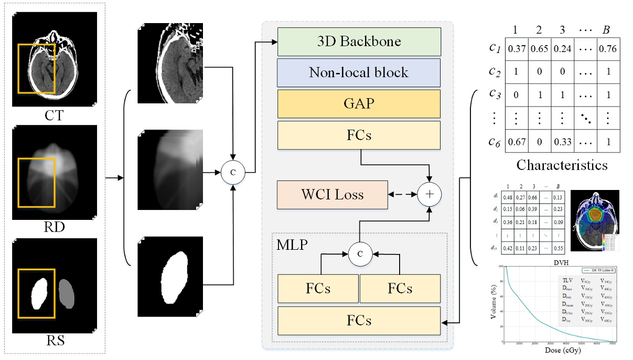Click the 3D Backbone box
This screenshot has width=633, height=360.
click(x=359, y=41)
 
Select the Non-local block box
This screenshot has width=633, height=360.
click(x=359, y=72)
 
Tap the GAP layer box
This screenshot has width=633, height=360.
click(x=359, y=103)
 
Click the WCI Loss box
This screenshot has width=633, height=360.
click(x=332, y=194)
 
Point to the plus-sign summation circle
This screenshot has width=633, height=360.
click(x=430, y=194)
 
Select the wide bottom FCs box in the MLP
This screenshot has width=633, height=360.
click(x=359, y=320)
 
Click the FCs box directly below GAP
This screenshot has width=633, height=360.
click(x=359, y=135)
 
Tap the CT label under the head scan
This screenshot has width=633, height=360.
click(x=55, y=115)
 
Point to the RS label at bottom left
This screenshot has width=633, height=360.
click(x=55, y=341)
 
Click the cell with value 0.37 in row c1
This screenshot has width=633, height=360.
click(x=516, y=49)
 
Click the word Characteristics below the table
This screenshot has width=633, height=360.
click(x=562, y=165)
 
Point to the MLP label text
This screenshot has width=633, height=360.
click(x=292, y=244)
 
